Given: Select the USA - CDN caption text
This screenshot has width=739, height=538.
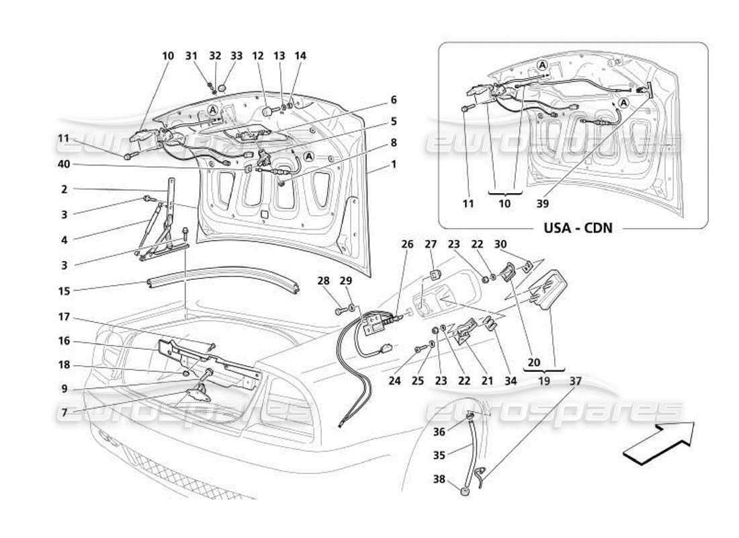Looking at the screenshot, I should click(577, 227).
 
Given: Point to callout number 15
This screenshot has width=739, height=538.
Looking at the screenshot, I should click(64, 291).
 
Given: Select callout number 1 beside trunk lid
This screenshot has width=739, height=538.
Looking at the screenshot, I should click(394, 164).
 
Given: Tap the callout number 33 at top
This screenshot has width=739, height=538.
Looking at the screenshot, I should click(236, 56).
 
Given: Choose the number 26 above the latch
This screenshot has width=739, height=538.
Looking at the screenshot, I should click(408, 245).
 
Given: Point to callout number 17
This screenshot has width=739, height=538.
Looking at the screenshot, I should click(64, 317).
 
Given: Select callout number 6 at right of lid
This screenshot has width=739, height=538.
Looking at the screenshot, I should click(394, 100).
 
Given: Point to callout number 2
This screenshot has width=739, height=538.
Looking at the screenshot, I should click(64, 190).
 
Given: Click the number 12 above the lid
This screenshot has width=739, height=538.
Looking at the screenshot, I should click(257, 56).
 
